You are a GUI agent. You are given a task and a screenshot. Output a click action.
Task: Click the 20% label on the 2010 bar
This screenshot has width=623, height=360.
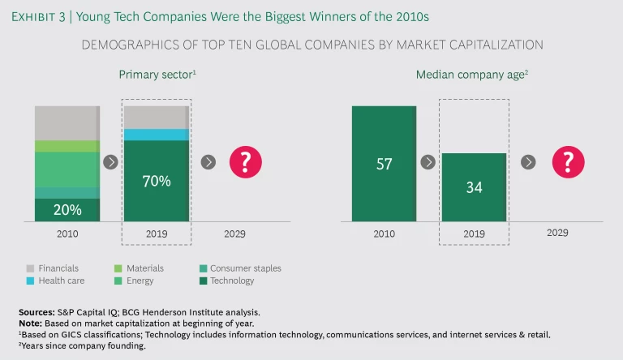68,210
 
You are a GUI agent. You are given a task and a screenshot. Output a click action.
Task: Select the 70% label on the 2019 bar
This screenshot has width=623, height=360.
156,181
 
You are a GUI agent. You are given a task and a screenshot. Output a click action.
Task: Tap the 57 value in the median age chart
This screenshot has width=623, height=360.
384,164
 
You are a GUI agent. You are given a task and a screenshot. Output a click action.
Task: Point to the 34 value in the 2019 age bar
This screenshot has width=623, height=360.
473,187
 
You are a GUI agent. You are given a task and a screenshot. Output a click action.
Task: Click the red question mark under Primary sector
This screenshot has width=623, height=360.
245,162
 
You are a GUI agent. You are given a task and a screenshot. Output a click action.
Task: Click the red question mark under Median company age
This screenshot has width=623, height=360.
568,162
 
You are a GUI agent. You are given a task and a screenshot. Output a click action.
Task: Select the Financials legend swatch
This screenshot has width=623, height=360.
29,268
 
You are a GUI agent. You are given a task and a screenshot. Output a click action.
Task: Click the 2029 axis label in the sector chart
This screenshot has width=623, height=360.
233,234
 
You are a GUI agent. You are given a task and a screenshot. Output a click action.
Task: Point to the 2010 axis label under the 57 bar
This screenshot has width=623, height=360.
385,234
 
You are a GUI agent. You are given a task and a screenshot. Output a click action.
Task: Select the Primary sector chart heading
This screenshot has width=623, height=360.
157,75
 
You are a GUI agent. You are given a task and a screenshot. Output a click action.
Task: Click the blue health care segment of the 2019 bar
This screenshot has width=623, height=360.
156,135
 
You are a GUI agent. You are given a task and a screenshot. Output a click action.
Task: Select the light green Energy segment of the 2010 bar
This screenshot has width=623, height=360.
67,169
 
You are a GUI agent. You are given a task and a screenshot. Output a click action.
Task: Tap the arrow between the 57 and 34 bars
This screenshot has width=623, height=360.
428,162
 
